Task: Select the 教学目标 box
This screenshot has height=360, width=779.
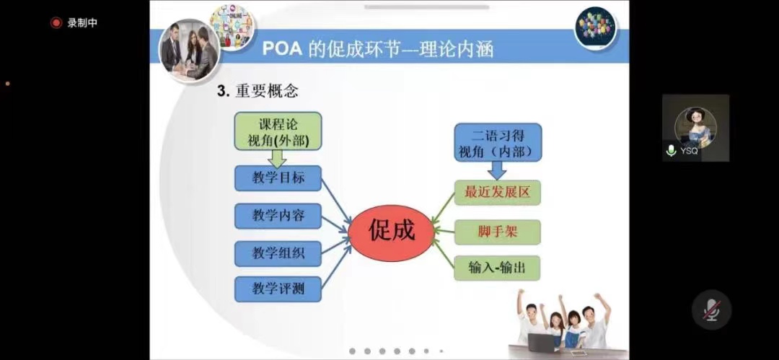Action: click(278, 178)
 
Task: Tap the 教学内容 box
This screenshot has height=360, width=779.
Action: click(278, 216)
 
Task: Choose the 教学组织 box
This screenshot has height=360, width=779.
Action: click(278, 254)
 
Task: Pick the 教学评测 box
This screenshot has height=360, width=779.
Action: click(278, 289)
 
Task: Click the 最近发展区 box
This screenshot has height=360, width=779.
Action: click(497, 193)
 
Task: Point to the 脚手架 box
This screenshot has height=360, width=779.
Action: click(497, 232)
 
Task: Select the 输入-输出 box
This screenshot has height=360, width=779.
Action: click(497, 268)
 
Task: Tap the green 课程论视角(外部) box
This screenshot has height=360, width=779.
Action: click(278, 131)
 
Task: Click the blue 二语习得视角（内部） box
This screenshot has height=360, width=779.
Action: click(498, 142)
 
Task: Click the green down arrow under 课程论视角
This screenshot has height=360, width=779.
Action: click(277, 158)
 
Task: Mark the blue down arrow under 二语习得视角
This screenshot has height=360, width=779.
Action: click(497, 170)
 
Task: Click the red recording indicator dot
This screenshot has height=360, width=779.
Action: click(56, 23)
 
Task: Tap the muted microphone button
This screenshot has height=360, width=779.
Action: click(711, 309)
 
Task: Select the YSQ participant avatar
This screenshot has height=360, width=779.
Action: click(695, 127)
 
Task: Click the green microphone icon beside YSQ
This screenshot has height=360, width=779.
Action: click(672, 150)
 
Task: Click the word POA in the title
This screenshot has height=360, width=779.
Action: click(281, 49)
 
